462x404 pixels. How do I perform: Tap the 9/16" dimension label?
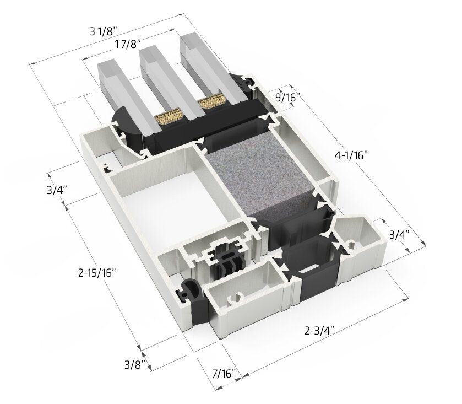286,98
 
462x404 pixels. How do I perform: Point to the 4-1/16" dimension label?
350,155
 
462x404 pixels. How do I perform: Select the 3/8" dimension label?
135,364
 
